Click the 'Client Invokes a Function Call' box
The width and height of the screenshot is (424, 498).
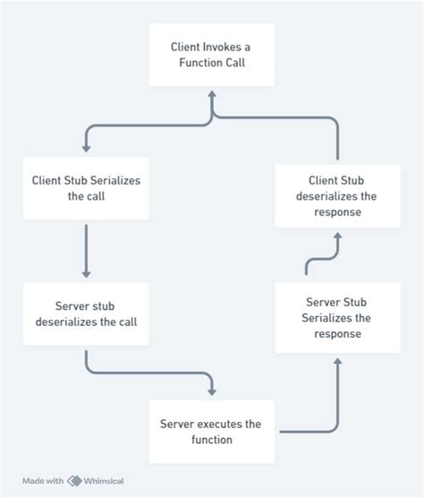(211, 55)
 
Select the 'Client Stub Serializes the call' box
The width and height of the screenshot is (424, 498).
(85, 188)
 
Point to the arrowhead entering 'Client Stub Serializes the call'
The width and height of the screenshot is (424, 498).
(86, 148)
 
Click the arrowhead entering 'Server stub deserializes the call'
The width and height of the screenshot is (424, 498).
(86, 273)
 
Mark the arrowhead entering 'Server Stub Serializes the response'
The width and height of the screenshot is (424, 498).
(338, 361)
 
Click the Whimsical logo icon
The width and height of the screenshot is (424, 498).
(74, 481)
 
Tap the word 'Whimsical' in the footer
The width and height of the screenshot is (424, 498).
(106, 481)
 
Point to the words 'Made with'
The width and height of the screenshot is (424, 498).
(43, 481)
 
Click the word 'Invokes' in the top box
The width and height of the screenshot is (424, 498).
(223, 47)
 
